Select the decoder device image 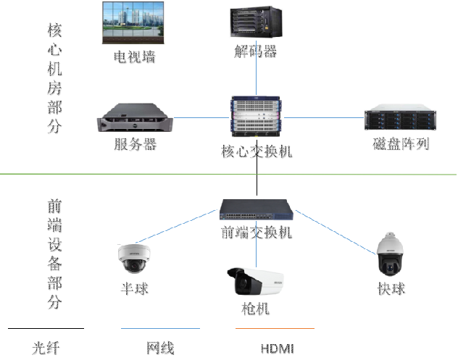255,25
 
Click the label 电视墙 134,57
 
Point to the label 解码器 256,52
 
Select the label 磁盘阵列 401,143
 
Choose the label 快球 391,288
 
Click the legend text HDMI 278,349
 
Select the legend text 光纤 45,348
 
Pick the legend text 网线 160,348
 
